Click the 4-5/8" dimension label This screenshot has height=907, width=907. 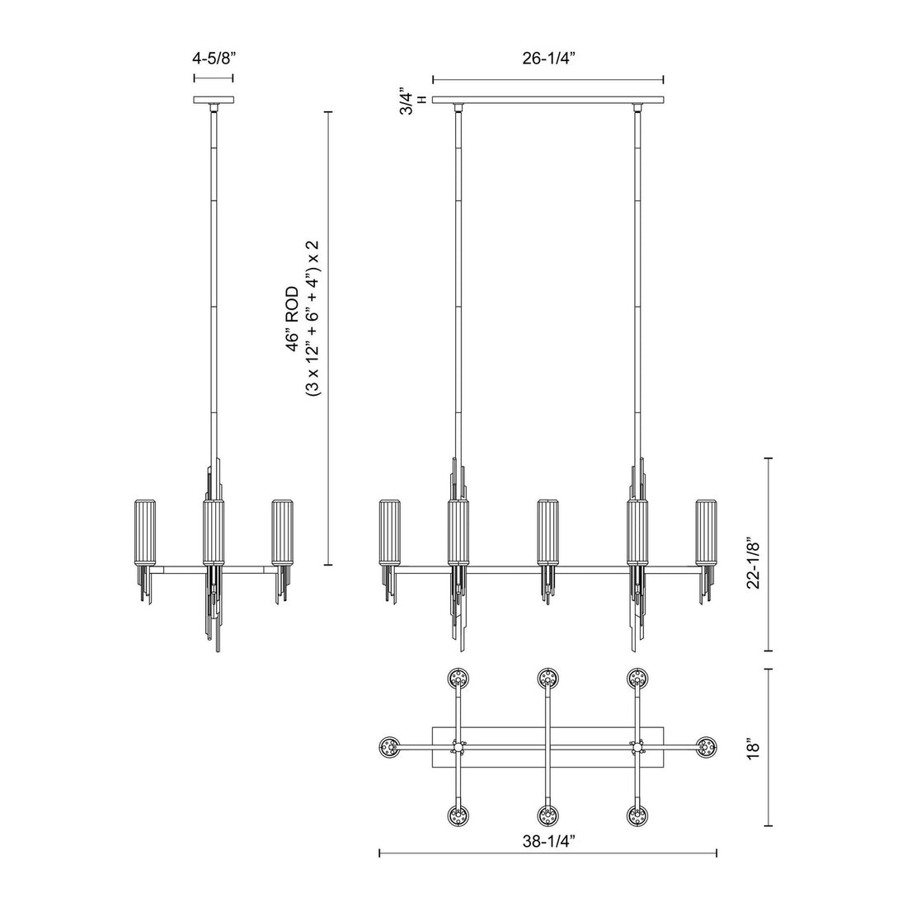[x=213, y=59]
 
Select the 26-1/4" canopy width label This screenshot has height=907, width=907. [x=548, y=59]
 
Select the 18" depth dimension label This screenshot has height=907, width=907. [x=750, y=748]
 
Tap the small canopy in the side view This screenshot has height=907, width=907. [x=214, y=101]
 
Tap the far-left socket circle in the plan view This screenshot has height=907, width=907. [x=388, y=748]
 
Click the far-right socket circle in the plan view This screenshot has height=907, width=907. [x=706, y=748]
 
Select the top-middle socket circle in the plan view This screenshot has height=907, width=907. [x=547, y=679]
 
